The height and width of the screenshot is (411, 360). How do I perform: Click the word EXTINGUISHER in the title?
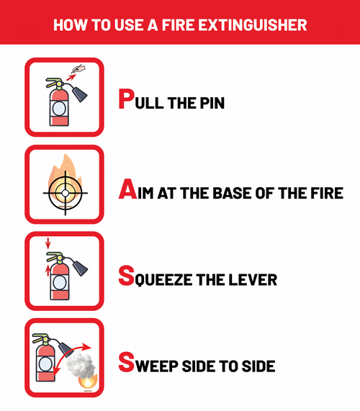253,25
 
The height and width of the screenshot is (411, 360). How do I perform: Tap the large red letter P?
126,99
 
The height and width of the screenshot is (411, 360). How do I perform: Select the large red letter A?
127,189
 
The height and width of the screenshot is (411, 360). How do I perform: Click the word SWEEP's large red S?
127,362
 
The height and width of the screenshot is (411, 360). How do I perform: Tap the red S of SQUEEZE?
127,276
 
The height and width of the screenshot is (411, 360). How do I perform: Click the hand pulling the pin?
78,69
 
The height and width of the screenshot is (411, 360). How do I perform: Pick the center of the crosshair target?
66,193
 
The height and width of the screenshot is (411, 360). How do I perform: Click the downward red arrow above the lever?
48,243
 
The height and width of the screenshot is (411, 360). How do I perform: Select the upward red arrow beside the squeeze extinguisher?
48,271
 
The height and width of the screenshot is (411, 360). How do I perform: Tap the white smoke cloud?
81,365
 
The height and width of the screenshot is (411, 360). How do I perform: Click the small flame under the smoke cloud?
88,382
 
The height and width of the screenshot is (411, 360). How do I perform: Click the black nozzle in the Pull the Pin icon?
80,94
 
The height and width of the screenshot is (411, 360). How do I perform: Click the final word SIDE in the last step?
258,366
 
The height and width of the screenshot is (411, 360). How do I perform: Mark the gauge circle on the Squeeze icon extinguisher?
60,282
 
